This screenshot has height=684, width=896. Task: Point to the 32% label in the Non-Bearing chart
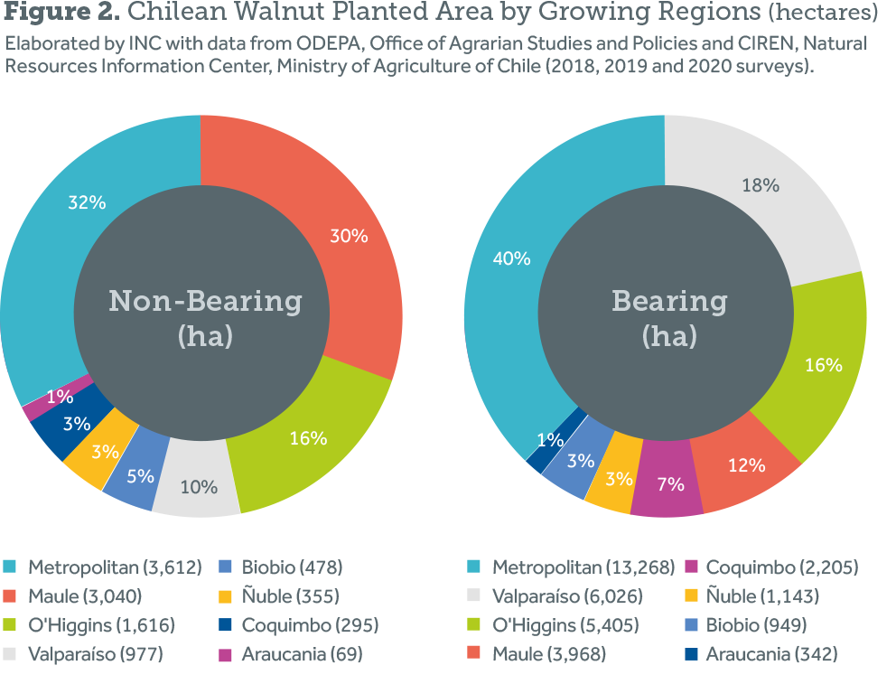pyautogui.click(x=87, y=202)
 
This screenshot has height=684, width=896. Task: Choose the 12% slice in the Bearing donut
pyautogui.click(x=745, y=464)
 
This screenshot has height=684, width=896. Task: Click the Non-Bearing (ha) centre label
pyautogui.click(x=205, y=317)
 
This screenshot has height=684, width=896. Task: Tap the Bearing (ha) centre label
pyautogui.click(x=669, y=317)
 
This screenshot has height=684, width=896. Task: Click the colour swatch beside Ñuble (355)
pyautogui.click(x=226, y=596)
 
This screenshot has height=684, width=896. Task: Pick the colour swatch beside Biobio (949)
pyautogui.click(x=690, y=625)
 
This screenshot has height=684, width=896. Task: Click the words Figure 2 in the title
pyautogui.click(x=59, y=14)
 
